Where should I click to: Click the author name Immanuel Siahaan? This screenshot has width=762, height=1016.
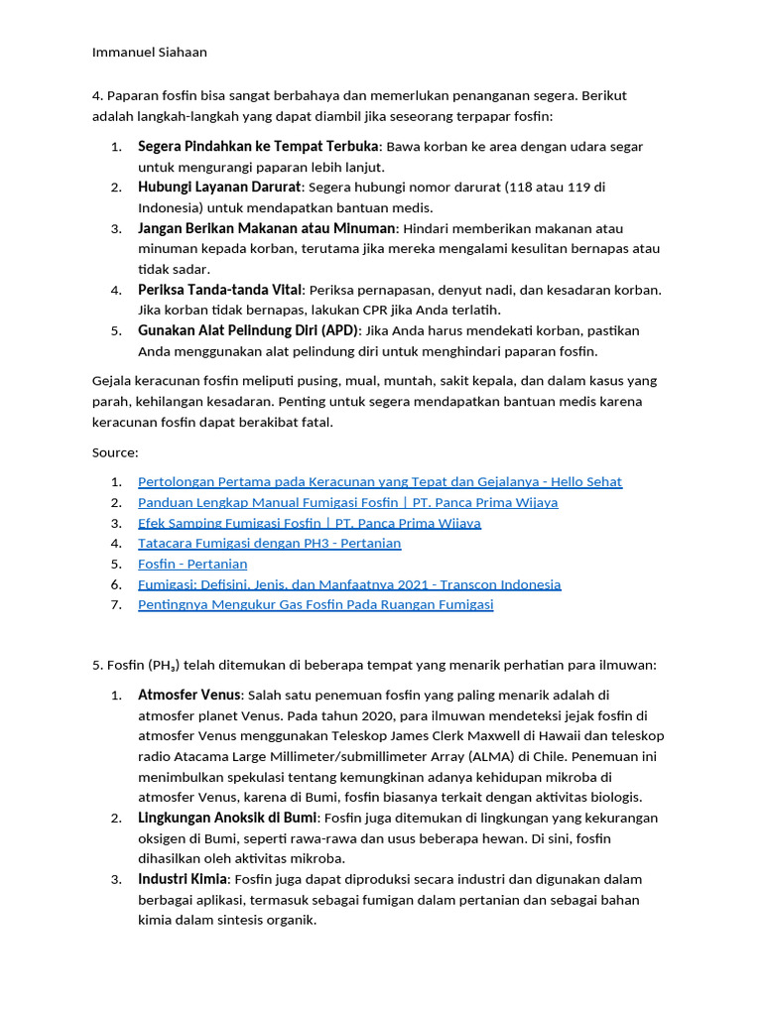pyautogui.click(x=149, y=52)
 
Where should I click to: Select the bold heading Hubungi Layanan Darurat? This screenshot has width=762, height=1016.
pyautogui.click(x=218, y=187)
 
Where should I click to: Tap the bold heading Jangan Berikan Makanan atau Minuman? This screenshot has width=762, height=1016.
pyautogui.click(x=266, y=228)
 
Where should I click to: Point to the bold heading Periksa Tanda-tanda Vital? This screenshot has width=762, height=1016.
pyautogui.click(x=219, y=290)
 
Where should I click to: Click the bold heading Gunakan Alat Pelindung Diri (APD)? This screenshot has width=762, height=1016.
pyautogui.click(x=250, y=330)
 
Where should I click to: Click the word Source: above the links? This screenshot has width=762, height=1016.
pyautogui.click(x=115, y=452)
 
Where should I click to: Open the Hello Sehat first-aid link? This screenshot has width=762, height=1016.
pyautogui.click(x=379, y=482)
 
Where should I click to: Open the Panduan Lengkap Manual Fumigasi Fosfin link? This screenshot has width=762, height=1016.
pyautogui.click(x=347, y=502)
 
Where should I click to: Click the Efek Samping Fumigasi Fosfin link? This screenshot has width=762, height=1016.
pyautogui.click(x=309, y=523)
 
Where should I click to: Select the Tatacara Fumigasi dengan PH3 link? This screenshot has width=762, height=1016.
pyautogui.click(x=269, y=544)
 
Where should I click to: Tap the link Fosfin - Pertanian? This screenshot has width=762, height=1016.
pyautogui.click(x=192, y=564)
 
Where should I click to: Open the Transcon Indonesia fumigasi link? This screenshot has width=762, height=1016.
pyautogui.click(x=349, y=584)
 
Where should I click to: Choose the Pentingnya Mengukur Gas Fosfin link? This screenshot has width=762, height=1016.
pyautogui.click(x=315, y=604)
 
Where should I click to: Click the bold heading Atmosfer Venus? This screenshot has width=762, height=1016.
pyautogui.click(x=189, y=695)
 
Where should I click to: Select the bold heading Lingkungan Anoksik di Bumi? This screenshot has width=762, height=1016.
pyautogui.click(x=227, y=818)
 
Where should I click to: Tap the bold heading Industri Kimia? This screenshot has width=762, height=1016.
pyautogui.click(x=183, y=879)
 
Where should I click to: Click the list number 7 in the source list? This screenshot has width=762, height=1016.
pyautogui.click(x=116, y=604)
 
